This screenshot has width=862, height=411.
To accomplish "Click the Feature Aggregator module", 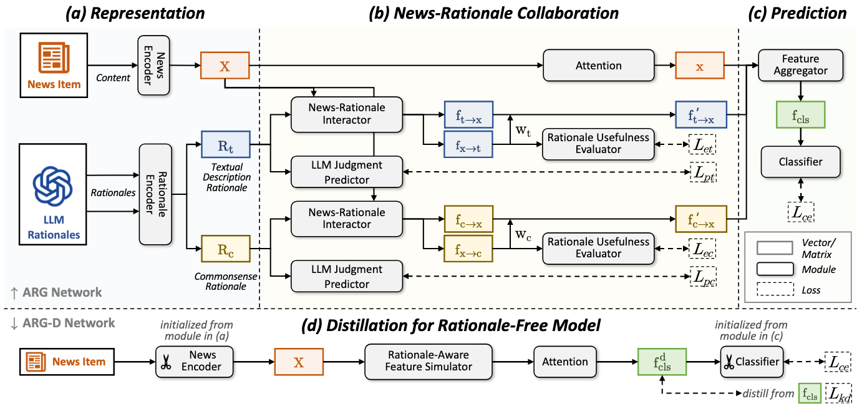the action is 800,65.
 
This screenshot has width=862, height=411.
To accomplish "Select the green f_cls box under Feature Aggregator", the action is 800,115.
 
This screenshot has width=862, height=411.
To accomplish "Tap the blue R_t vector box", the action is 226,144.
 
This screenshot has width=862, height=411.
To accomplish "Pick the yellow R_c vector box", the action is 226,249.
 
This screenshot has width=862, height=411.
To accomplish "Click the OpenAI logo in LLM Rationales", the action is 53,186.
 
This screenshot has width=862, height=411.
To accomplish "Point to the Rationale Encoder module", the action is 155,194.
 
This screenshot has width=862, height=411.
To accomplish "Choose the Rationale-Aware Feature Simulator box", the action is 429,361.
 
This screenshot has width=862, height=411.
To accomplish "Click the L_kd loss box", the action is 838,394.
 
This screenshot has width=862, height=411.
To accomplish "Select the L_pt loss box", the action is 704,172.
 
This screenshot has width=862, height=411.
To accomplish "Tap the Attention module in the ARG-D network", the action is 565,361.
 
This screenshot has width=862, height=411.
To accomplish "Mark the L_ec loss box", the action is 703,249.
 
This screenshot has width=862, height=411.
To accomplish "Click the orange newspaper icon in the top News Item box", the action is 54,58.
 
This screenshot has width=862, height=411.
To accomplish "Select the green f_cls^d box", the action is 662,362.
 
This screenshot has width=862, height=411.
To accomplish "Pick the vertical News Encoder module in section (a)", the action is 153,65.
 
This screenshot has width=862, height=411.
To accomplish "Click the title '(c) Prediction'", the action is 797,13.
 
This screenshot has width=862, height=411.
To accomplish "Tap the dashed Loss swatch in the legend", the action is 775,289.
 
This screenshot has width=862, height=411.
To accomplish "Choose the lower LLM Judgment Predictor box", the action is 347,276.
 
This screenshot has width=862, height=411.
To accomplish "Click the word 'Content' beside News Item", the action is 113,77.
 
